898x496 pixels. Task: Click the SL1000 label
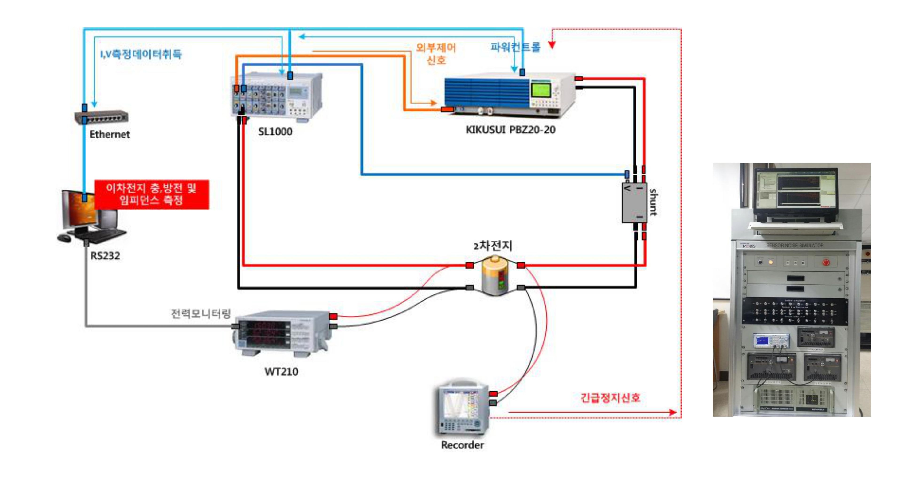tap(275, 131)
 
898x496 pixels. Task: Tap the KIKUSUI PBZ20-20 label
tap(510, 130)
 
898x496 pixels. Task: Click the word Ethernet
tap(110, 134)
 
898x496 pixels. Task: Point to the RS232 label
tap(105, 256)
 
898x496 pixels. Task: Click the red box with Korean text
tap(152, 194)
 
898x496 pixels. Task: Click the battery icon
tap(495, 276)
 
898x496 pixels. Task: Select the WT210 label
tap(281, 372)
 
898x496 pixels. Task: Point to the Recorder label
tap(462, 445)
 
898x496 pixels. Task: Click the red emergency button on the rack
tap(826, 262)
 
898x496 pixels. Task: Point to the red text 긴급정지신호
tap(610, 398)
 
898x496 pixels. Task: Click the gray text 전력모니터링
tap(200, 313)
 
